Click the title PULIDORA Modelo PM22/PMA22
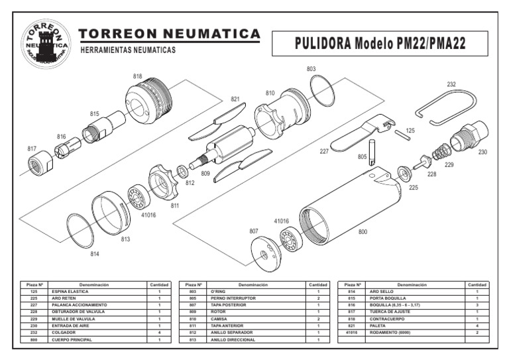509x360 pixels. (x=381, y=44)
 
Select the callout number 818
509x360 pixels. (x=137, y=77)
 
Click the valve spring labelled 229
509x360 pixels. (x=441, y=154)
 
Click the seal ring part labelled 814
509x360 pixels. (x=82, y=230)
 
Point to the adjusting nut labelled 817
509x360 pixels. (x=41, y=162)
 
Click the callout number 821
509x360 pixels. (x=235, y=99)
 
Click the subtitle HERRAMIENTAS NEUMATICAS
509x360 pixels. (x=127, y=51)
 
